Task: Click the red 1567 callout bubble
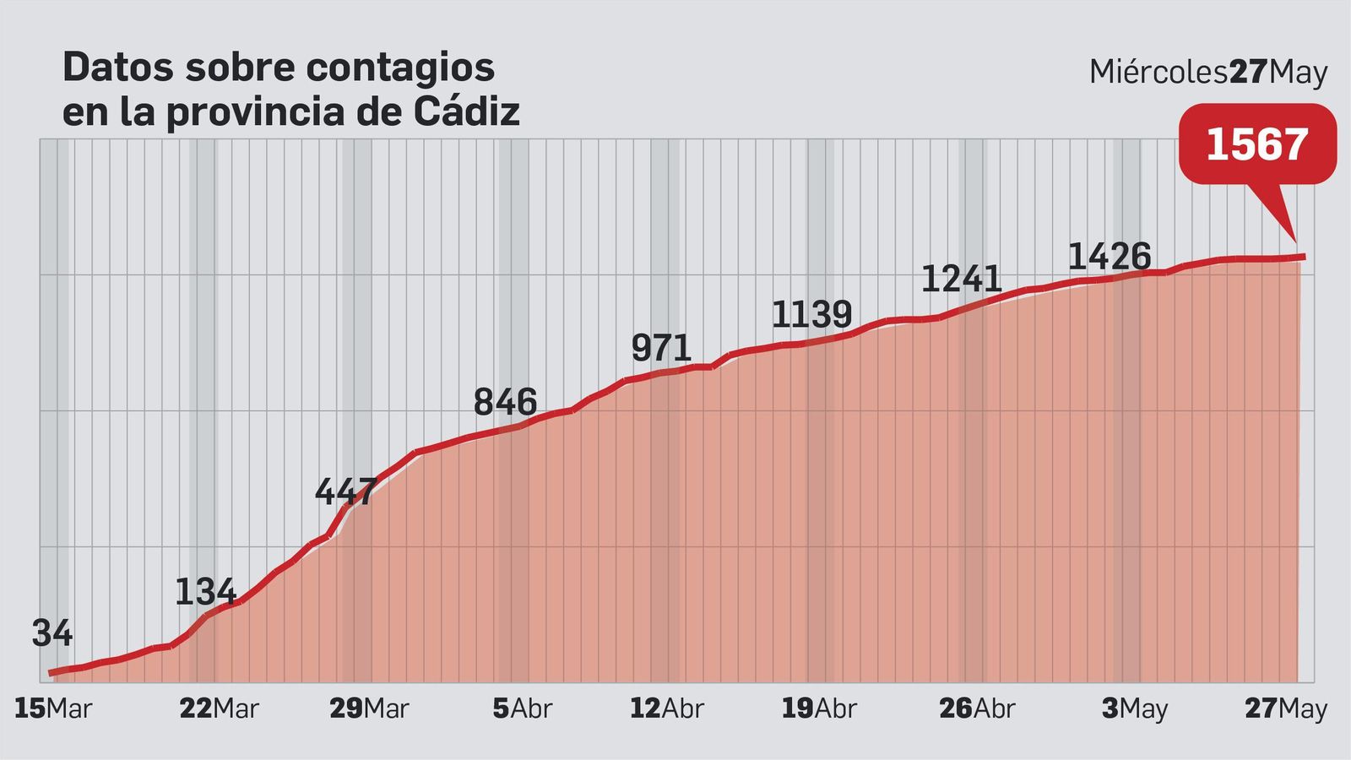click(x=1256, y=144)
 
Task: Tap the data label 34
click(x=52, y=633)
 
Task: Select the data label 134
click(x=205, y=592)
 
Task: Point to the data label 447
click(x=345, y=491)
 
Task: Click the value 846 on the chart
click(x=505, y=402)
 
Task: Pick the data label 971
click(x=661, y=348)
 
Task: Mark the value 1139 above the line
click(x=811, y=314)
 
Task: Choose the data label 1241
click(x=961, y=279)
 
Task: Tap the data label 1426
click(x=1109, y=256)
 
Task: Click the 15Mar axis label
click(x=52, y=708)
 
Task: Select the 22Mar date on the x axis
click(x=219, y=708)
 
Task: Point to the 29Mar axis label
click(x=369, y=708)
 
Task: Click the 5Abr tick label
click(x=522, y=708)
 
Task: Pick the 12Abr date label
click(x=666, y=708)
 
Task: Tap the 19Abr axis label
click(x=818, y=708)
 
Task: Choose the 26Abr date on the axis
click(x=977, y=708)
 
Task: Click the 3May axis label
click(x=1134, y=708)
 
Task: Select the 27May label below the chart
click(x=1286, y=708)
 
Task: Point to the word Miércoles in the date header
click(x=1158, y=73)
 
